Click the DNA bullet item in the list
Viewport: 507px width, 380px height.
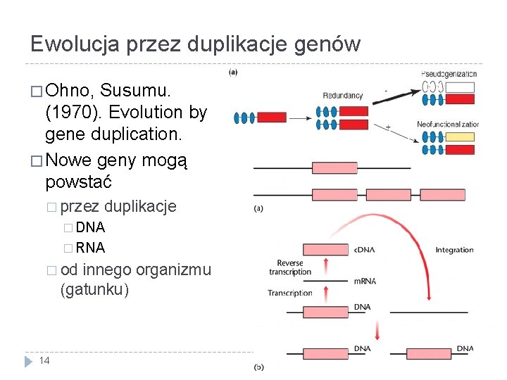click(x=90, y=227)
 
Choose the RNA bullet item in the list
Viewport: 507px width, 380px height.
click(x=90, y=248)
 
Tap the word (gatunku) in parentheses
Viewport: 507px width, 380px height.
click(x=94, y=290)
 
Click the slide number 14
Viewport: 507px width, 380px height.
click(x=44, y=360)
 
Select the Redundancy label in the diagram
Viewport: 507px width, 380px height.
click(x=343, y=96)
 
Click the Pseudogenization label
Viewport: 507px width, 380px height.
click(x=449, y=74)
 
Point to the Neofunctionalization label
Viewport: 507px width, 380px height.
click(x=447, y=124)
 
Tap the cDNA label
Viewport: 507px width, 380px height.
click(x=364, y=250)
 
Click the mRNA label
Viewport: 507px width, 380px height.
click(x=364, y=281)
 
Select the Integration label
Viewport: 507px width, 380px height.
click(x=454, y=250)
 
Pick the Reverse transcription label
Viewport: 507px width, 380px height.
click(x=289, y=267)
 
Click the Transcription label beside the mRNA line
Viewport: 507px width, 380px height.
click(x=289, y=293)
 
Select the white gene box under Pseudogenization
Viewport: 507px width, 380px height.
click(x=461, y=87)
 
